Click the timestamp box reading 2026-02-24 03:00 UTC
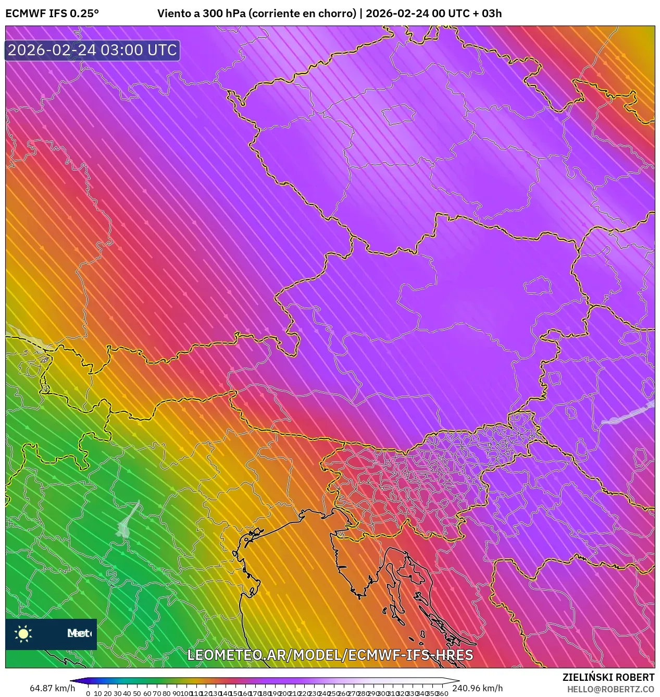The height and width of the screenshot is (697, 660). click(x=92, y=50)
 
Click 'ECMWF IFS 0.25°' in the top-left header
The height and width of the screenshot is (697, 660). click(x=52, y=14)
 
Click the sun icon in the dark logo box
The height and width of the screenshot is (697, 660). click(x=23, y=633)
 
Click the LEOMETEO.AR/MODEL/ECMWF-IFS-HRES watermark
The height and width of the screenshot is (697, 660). click(x=330, y=655)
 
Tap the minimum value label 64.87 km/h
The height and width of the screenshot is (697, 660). click(x=52, y=688)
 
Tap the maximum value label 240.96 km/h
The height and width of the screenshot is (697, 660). click(x=477, y=688)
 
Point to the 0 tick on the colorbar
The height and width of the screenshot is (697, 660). click(x=88, y=693)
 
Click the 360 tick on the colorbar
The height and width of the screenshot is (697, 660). click(x=442, y=693)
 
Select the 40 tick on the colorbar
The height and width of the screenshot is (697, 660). click(x=127, y=693)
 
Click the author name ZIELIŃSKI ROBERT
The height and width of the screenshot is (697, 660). click(x=608, y=677)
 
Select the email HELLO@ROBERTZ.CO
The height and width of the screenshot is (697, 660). click(x=611, y=689)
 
